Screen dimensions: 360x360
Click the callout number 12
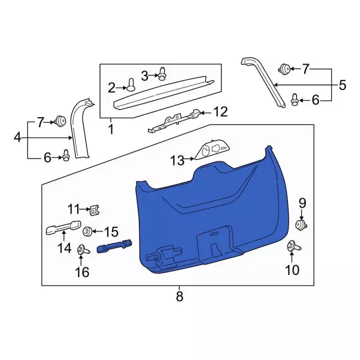pyautogui.click(x=220, y=111)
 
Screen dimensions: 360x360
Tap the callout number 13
pyautogui.click(x=177, y=160)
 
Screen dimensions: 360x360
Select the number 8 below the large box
pyautogui.click(x=179, y=296)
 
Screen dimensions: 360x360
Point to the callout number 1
pyautogui.click(x=111, y=129)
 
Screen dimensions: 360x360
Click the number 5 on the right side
pyautogui.click(x=343, y=85)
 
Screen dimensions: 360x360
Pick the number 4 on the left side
pyautogui.click(x=17, y=138)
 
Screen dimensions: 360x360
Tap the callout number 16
pyautogui.click(x=82, y=272)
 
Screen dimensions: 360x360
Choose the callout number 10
pyautogui.click(x=292, y=270)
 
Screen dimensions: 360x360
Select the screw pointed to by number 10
pyautogui.click(x=294, y=246)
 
